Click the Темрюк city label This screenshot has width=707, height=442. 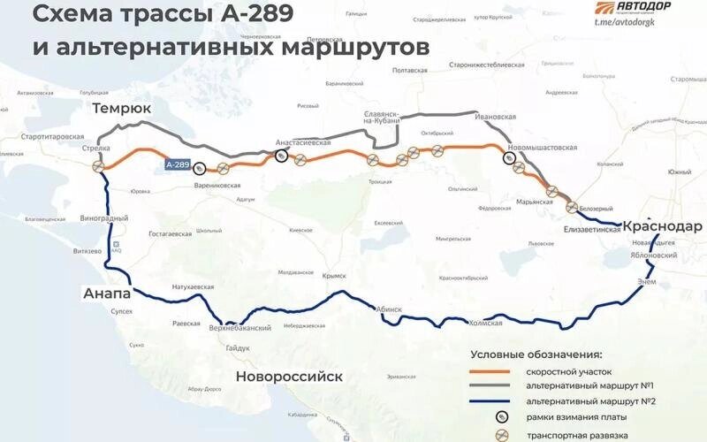pos(121,108)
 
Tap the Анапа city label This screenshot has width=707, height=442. pos(107,293)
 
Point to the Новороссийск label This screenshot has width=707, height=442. pos(288,377)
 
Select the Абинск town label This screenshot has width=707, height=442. pos(389,309)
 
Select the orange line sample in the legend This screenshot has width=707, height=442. pos(494,371)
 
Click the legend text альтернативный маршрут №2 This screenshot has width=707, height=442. pos(590,401)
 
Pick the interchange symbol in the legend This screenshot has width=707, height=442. pos(502,433)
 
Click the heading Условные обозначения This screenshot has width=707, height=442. pos(536,354)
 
